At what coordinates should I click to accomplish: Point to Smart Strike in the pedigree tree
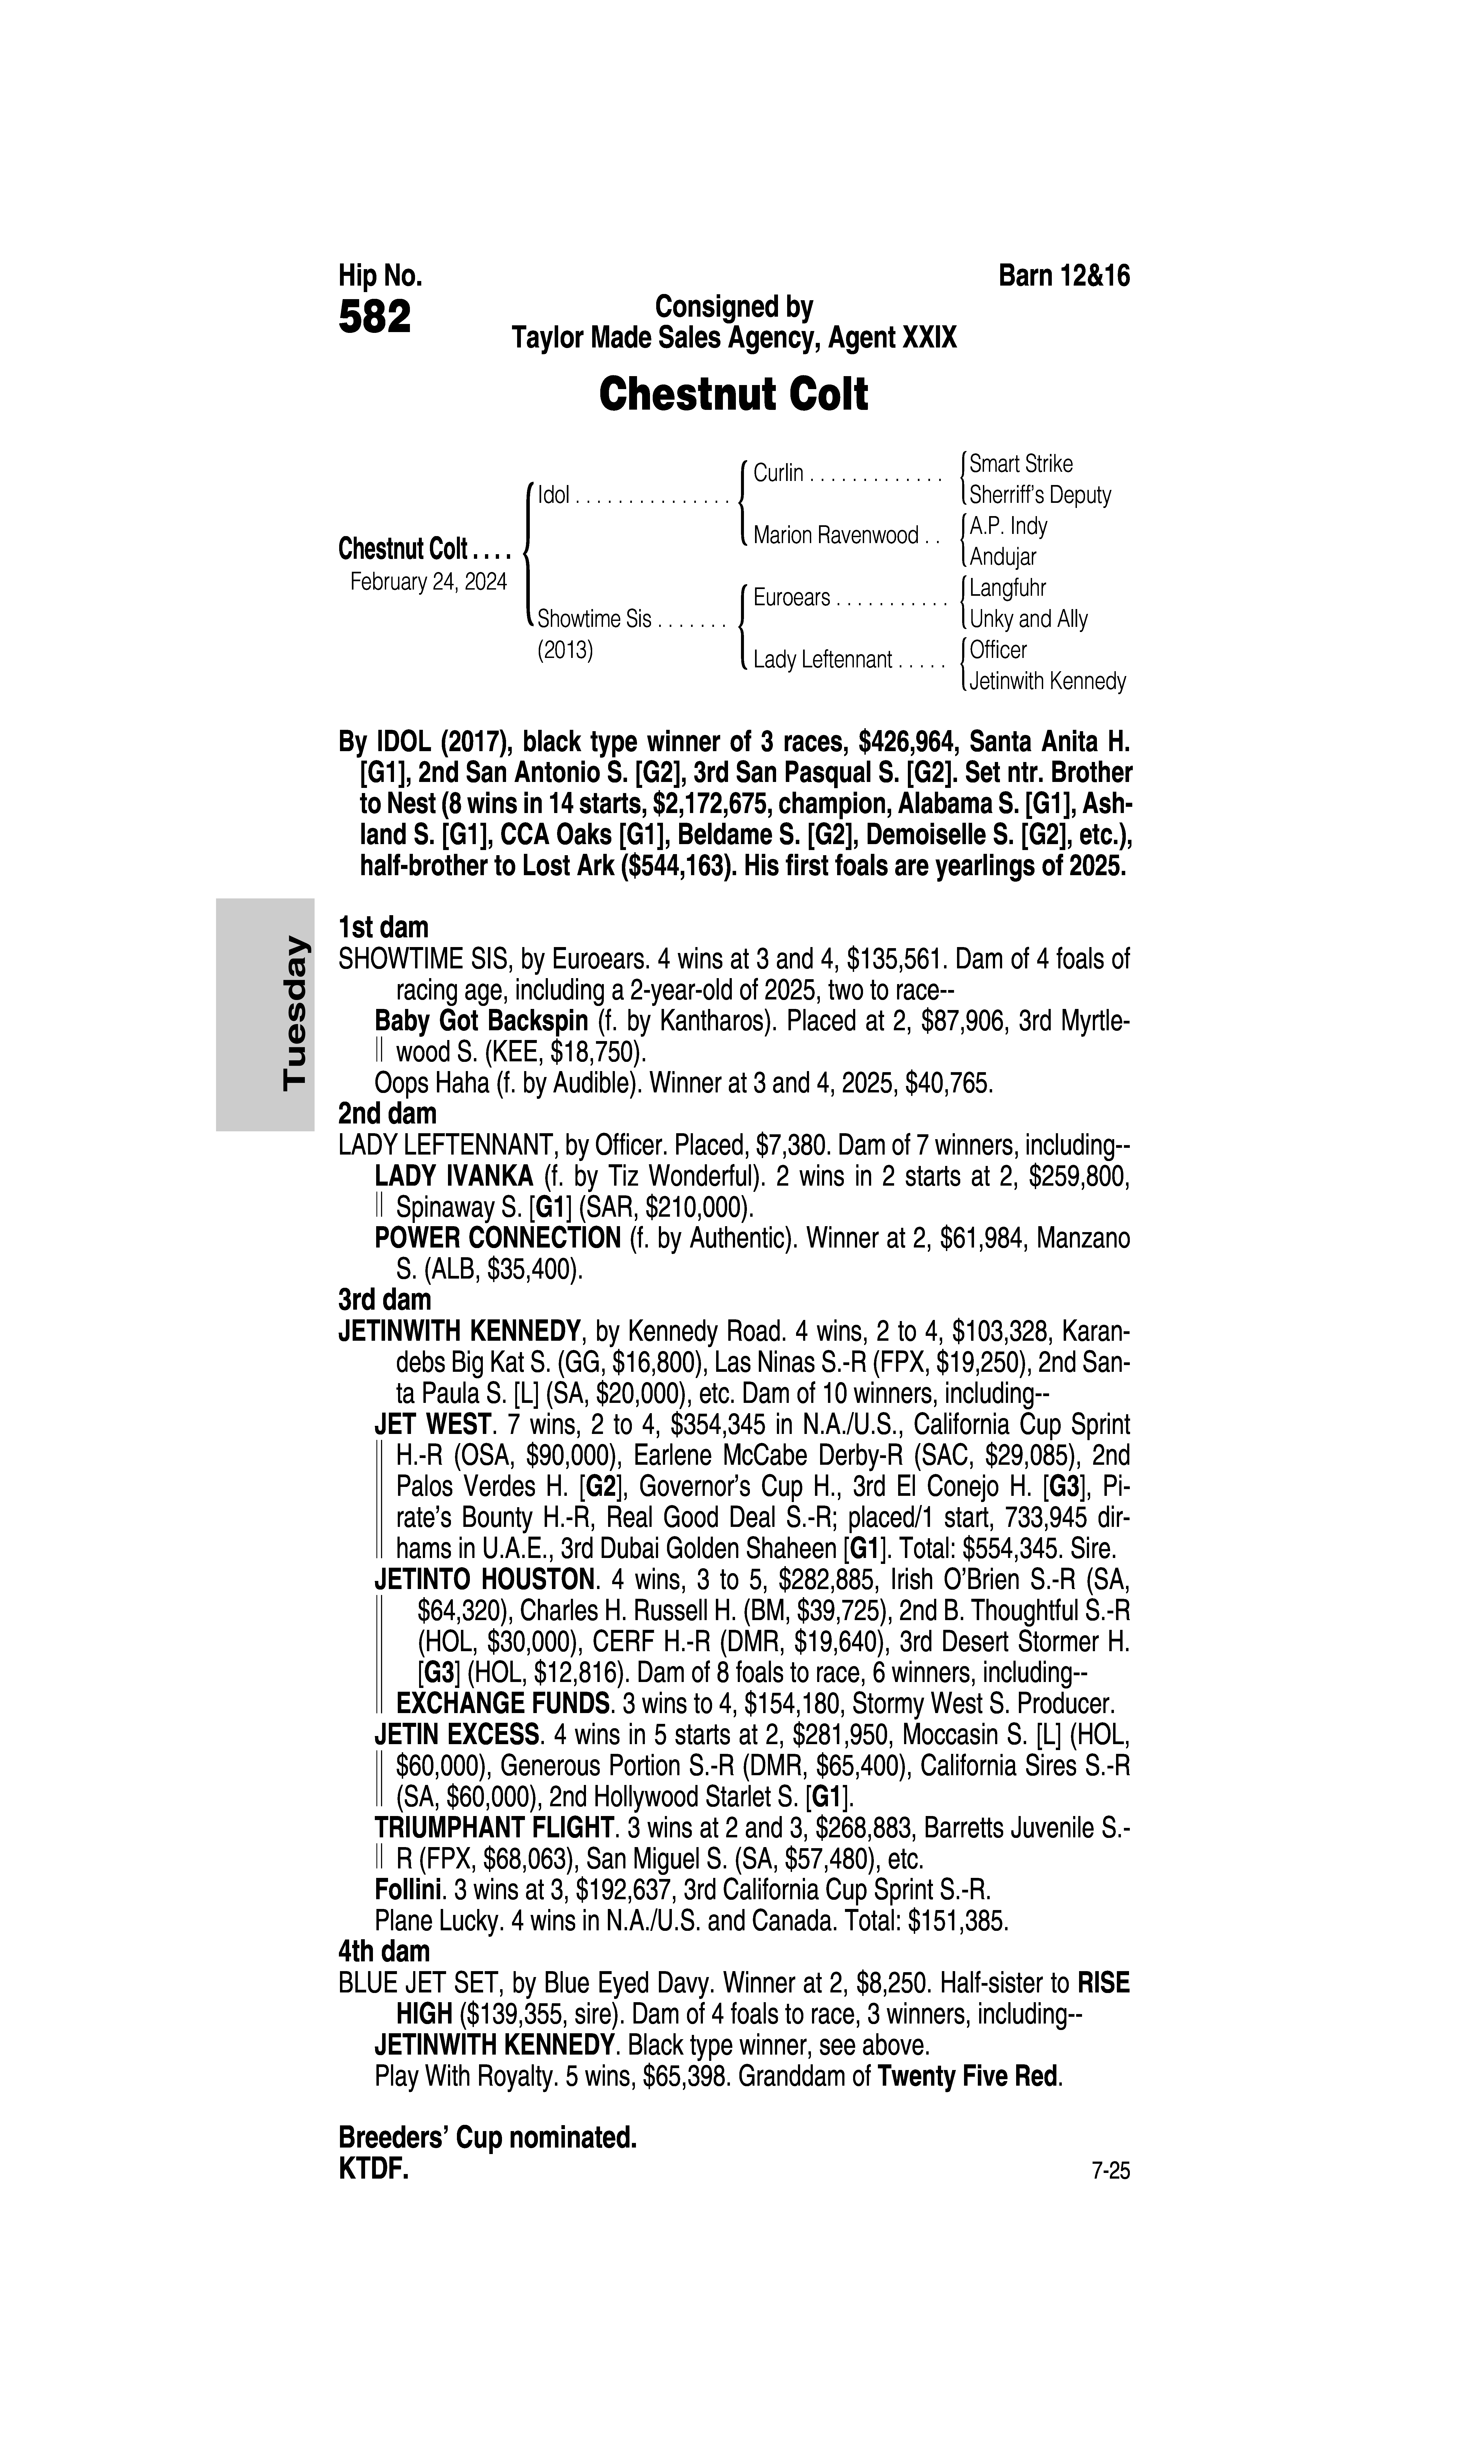click(x=1020, y=463)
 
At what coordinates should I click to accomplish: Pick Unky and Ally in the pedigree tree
click(x=1029, y=619)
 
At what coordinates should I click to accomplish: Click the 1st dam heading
click(x=383, y=928)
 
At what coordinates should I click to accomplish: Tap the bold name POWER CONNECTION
click(x=497, y=1238)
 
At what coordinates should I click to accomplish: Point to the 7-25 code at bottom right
click(x=1110, y=2172)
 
